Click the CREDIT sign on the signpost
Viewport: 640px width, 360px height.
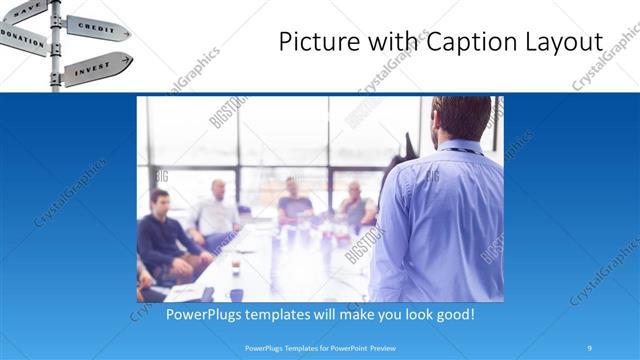coord(98,27)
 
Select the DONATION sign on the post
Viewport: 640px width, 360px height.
coord(22,38)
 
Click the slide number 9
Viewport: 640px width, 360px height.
coord(590,348)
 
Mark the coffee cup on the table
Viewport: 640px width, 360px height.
coord(236,267)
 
